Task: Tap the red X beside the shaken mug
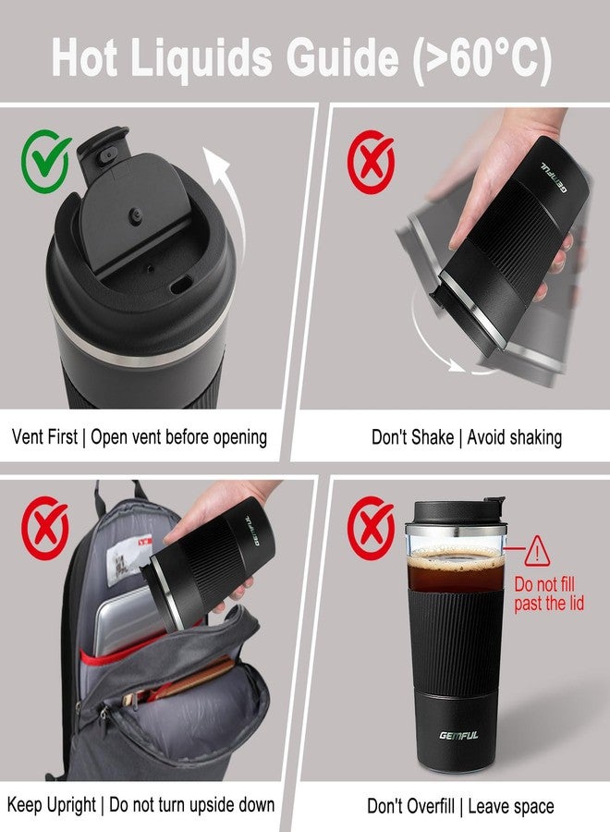[370, 159]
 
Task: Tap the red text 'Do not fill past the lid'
[549, 594]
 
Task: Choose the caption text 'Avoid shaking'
[515, 436]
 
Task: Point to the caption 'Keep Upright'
[52, 804]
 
